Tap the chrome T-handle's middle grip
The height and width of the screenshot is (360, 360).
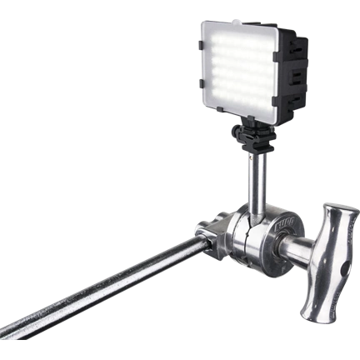point(322,258)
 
